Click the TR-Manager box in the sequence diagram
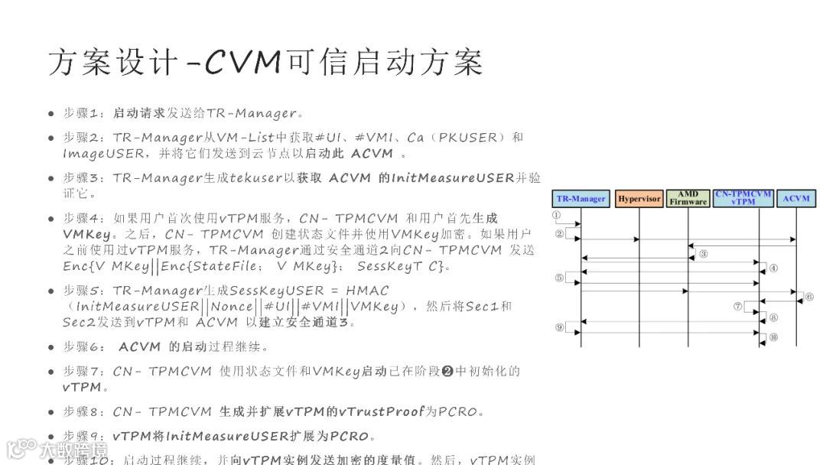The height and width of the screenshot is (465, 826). pyautogui.click(x=581, y=199)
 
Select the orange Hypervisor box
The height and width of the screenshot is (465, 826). pyautogui.click(x=639, y=199)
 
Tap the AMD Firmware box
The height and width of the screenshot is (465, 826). pyautogui.click(x=688, y=199)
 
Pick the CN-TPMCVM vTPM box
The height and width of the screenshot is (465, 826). pyautogui.click(x=743, y=198)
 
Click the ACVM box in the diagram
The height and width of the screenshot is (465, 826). pyautogui.click(x=796, y=199)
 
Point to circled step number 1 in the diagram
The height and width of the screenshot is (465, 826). pyautogui.click(x=558, y=216)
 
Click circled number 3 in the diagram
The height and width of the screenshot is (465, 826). pyautogui.click(x=703, y=254)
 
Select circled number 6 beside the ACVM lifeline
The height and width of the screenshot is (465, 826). pyautogui.click(x=809, y=297)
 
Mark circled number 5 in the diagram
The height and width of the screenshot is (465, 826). pyautogui.click(x=559, y=278)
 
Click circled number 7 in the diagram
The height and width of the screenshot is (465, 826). pyautogui.click(x=738, y=306)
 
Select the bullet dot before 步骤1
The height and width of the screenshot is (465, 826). pyautogui.click(x=51, y=114)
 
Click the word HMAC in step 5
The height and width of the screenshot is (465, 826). pyautogui.click(x=367, y=291)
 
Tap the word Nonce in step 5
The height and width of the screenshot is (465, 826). pyautogui.click(x=230, y=307)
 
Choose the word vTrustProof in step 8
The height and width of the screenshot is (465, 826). pyautogui.click(x=381, y=412)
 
